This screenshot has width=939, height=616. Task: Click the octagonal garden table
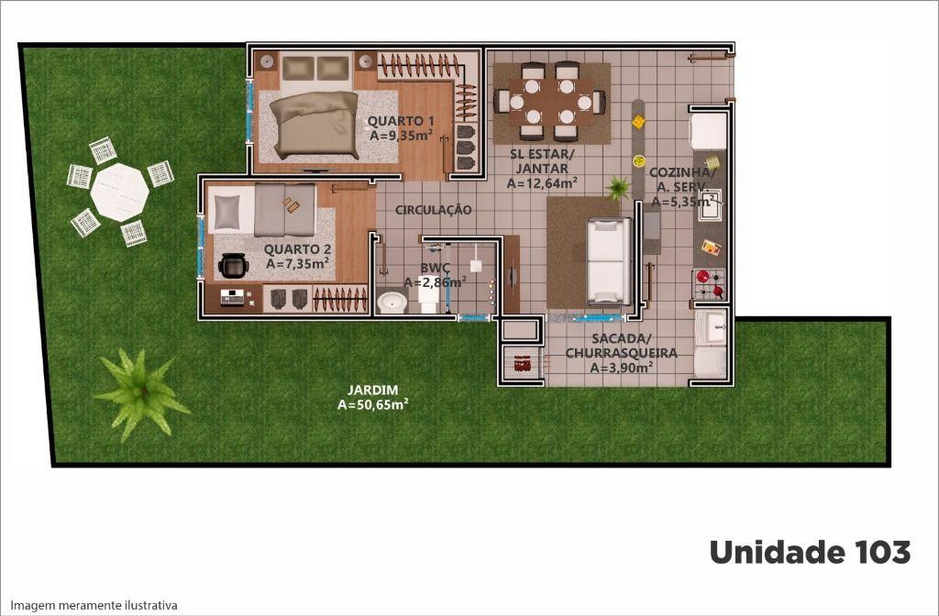click(x=120, y=192)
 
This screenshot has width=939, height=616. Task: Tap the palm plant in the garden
click(x=141, y=394)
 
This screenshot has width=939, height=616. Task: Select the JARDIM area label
click(x=373, y=398)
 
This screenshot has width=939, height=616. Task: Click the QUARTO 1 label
click(x=401, y=120)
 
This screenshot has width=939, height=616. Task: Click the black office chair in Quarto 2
click(x=233, y=266)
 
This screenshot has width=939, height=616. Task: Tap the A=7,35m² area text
click(x=297, y=263)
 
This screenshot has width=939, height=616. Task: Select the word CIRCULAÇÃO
click(x=433, y=210)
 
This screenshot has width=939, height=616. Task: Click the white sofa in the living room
click(x=609, y=261)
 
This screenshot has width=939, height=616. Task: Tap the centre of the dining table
click(x=550, y=102)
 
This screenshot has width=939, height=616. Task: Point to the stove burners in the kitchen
click(x=710, y=284)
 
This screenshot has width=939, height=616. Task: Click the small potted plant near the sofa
click(x=617, y=187)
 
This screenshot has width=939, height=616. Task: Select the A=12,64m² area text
click(x=542, y=183)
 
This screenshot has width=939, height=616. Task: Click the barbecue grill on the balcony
click(x=522, y=363)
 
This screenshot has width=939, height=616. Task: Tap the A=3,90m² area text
click(x=621, y=368)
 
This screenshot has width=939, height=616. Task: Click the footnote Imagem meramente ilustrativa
click(x=94, y=605)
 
